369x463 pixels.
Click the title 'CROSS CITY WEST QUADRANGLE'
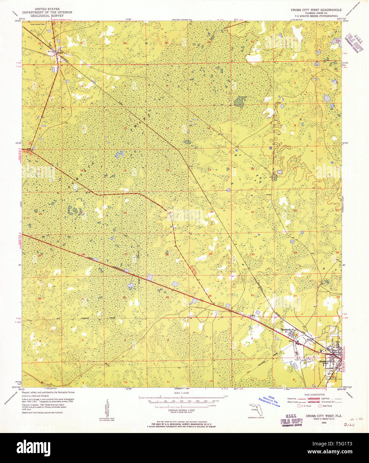tap(316, 10)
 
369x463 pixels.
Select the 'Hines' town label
tap(60, 53)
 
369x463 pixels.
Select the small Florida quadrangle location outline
tap(256, 409)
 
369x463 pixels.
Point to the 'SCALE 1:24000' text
tap(181, 393)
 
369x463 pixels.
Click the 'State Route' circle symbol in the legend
tap(320, 406)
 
